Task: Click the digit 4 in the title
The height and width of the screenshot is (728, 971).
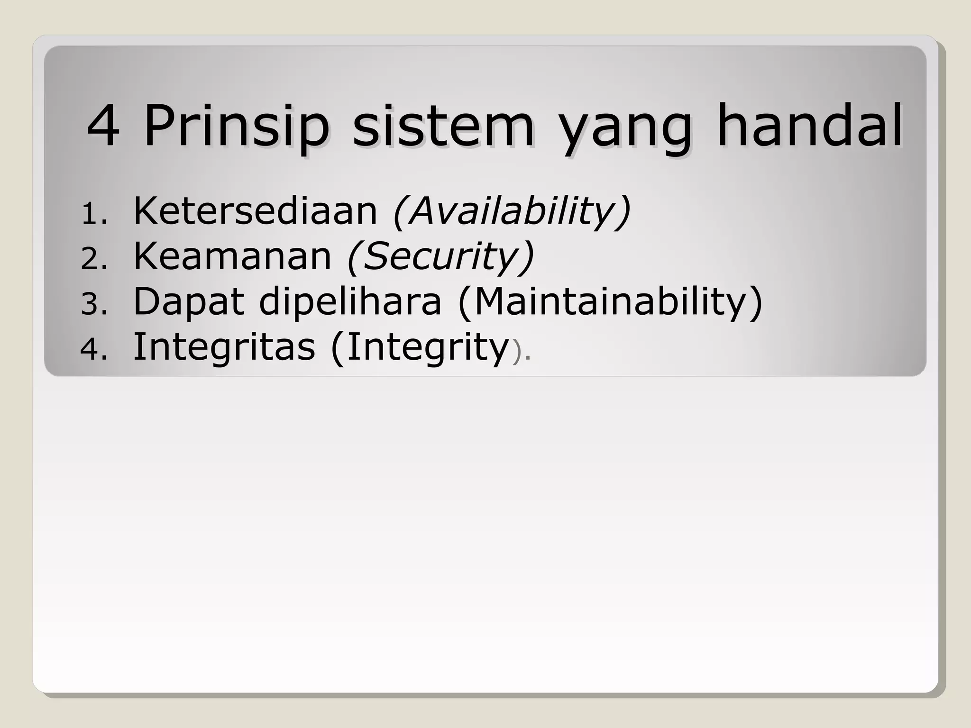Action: click(103, 126)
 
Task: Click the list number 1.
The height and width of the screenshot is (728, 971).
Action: click(94, 214)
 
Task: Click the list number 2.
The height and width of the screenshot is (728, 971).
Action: click(94, 259)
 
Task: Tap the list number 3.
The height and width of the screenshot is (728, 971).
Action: click(94, 304)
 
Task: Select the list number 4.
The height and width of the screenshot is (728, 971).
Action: click(94, 350)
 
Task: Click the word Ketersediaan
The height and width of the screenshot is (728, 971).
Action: click(255, 210)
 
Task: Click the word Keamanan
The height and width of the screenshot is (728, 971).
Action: click(232, 256)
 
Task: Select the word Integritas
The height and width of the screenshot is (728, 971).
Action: click(224, 347)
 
